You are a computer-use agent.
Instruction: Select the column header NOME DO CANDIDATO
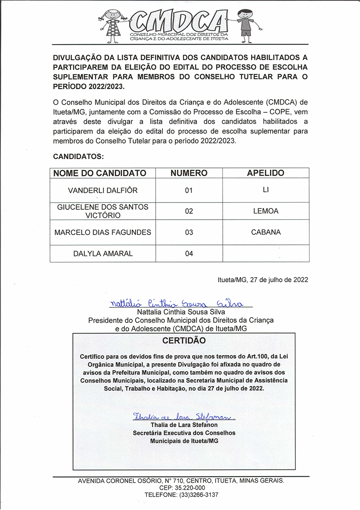click(x=100, y=173)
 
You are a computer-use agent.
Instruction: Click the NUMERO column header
click(x=189, y=173)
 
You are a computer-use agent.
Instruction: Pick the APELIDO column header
click(x=265, y=173)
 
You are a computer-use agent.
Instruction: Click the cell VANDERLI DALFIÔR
click(x=103, y=190)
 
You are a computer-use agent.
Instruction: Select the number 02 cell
click(x=189, y=211)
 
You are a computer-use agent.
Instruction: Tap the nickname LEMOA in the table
click(x=265, y=211)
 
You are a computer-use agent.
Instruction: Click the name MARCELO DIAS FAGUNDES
click(x=103, y=232)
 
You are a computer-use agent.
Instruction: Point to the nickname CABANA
click(x=265, y=232)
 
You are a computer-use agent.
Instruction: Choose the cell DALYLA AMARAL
click(x=103, y=253)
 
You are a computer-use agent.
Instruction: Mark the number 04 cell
click(x=189, y=253)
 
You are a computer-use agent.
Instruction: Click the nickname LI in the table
click(x=265, y=190)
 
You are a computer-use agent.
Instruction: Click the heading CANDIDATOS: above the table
click(x=78, y=157)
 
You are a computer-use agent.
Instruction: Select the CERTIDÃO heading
click(x=184, y=341)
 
